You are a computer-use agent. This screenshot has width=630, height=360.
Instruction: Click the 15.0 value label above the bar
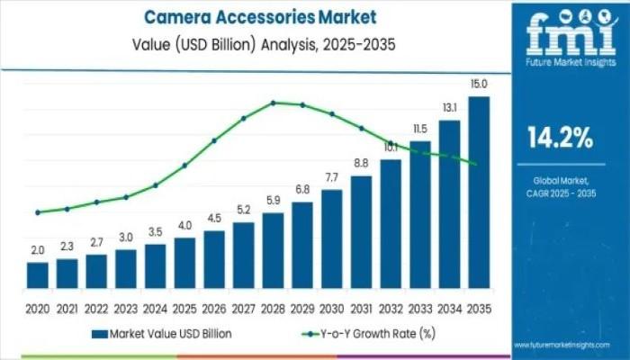pyautogui.click(x=479, y=85)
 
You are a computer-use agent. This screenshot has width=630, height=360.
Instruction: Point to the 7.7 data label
pyautogui.click(x=331, y=176)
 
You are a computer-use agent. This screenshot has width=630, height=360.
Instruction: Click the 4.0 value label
pyautogui.click(x=184, y=225)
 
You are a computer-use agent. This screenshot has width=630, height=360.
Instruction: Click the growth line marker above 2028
pyautogui.click(x=273, y=103)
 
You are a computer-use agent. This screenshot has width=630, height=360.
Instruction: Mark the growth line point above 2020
pyautogui.click(x=38, y=212)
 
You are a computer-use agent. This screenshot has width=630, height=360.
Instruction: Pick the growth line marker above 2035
pyautogui.click(x=474, y=163)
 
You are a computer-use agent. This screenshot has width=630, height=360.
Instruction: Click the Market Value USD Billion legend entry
pyautogui.click(x=161, y=333)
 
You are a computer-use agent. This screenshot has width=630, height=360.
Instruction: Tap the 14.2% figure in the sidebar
pyautogui.click(x=559, y=138)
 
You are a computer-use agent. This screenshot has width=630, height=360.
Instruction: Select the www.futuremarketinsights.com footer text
pyautogui.click(x=571, y=345)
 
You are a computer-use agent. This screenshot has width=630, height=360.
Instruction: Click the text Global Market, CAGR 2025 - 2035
pyautogui.click(x=559, y=186)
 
